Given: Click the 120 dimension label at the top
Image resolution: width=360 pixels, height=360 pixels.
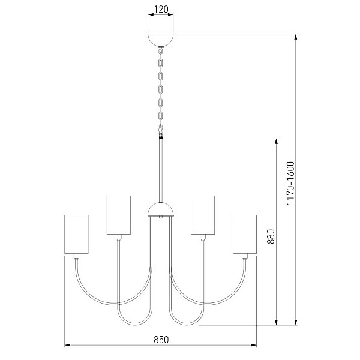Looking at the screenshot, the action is pos(161,10).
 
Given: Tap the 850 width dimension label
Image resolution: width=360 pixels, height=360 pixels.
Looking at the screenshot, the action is pos(161,340).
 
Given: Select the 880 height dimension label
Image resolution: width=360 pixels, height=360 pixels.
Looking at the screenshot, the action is pos(271,236).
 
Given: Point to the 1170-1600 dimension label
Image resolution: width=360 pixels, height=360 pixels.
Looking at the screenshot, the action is pos(290,183).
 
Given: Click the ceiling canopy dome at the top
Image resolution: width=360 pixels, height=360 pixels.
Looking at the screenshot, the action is pos(160,40).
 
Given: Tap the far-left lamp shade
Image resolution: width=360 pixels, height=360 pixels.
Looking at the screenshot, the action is pos(76,234).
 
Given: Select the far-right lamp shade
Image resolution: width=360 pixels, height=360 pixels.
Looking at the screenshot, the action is pos(245,234).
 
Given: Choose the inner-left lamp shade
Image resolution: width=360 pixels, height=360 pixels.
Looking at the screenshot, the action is pos(119,215).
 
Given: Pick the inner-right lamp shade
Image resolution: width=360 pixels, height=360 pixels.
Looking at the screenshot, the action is pos(203,215).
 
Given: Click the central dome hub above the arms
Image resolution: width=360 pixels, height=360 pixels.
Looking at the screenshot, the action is pos(161,209).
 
